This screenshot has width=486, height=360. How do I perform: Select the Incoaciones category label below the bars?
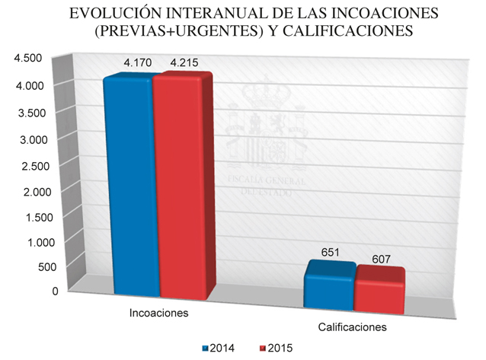[158, 314]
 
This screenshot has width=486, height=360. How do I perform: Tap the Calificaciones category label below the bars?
[352, 328]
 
